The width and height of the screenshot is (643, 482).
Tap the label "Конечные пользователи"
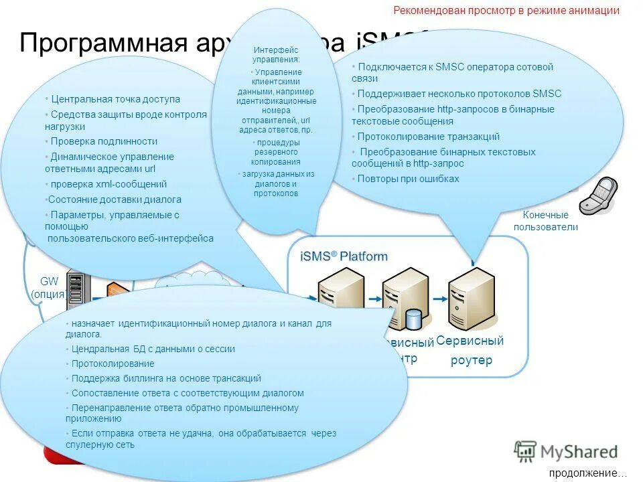point(545,221)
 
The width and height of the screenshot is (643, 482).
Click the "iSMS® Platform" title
point(344,256)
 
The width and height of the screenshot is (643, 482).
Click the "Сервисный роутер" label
point(470,350)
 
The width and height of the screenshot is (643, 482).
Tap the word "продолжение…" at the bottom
point(583,473)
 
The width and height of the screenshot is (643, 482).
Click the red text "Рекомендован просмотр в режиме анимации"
point(506,11)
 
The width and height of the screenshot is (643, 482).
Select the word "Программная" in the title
point(102,44)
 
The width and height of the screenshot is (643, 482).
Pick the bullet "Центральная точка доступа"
point(115,99)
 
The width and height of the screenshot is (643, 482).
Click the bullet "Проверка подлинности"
point(104,141)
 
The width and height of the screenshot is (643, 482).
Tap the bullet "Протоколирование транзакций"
point(428,137)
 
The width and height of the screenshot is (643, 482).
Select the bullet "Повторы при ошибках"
point(408,179)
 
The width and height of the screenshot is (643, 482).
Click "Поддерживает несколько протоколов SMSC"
point(459,94)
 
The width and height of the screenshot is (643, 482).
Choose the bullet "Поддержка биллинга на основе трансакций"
point(166,378)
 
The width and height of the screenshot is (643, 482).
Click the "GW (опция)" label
point(48,288)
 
